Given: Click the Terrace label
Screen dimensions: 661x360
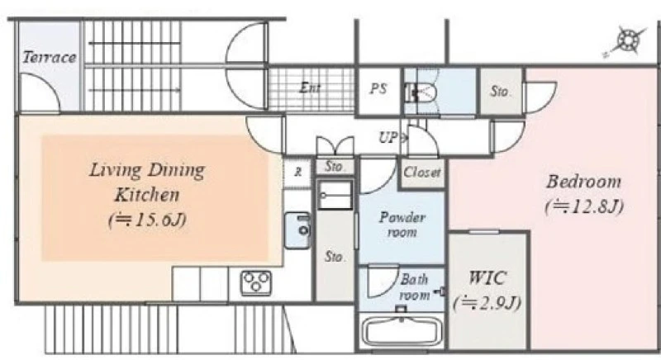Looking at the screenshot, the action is [50, 57].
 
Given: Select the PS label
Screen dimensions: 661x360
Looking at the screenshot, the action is [378, 88].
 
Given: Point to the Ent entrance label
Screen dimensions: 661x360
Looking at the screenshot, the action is [310, 88].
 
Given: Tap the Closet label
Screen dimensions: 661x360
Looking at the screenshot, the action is [422, 172].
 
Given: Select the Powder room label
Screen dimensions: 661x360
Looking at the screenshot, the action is [402, 225].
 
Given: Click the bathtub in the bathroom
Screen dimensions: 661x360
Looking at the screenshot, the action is [402, 330].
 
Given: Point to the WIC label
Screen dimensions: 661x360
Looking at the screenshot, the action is [487, 278].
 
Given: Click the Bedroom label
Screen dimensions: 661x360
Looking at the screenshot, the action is [584, 182].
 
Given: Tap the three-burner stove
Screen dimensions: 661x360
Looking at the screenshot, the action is [256, 282].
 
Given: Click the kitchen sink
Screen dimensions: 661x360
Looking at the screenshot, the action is [298, 230].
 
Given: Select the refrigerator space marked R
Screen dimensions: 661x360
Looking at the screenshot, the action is [298, 172].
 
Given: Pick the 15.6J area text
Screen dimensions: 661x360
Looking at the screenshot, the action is [147, 220].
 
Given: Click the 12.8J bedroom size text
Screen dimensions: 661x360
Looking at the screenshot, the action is [584, 206].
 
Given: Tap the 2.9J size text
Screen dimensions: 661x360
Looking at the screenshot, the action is [487, 303].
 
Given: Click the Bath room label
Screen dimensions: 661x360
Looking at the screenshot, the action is [414, 287].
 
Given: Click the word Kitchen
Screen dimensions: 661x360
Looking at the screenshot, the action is [147, 195].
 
